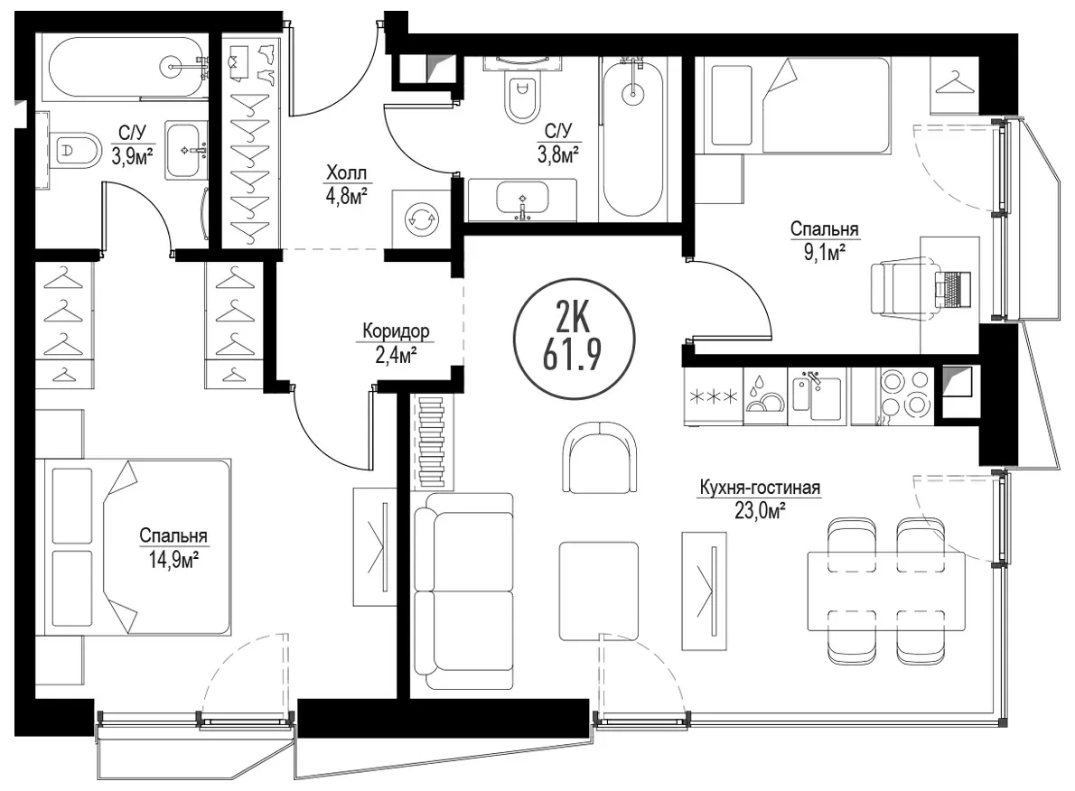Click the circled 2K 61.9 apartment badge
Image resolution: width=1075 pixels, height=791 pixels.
click(574, 338)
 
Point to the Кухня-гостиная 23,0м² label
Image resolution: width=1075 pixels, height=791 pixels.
click(760, 499)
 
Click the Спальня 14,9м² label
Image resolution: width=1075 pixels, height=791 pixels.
click(173, 548)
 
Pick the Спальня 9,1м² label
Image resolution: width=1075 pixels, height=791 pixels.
click(824, 240)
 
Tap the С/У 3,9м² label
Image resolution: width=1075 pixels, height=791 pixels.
click(132, 144)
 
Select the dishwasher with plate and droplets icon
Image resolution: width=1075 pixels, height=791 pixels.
click(764, 396)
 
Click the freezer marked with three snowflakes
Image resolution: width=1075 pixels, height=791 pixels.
click(713, 396)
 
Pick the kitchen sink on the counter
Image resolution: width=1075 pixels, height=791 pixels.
click(818, 396)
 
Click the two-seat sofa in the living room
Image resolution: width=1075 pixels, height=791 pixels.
click(463, 591)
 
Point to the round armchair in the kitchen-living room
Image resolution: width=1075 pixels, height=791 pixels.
click(600, 457)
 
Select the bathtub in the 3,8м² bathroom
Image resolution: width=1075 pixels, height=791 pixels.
click(632, 139)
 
